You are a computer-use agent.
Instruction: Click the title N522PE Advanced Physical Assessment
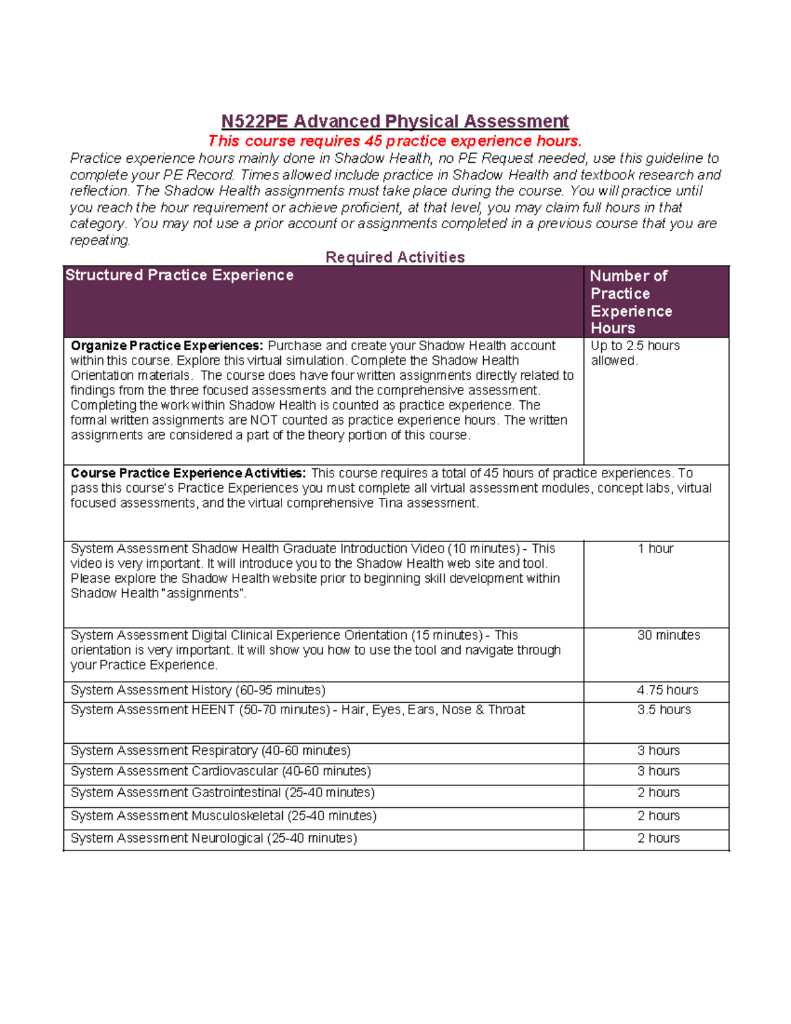point(395,121)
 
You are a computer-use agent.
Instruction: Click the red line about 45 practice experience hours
point(395,141)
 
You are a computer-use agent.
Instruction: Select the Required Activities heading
point(395,257)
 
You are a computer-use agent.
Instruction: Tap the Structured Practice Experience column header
point(179,276)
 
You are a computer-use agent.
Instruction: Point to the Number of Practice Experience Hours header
point(631,302)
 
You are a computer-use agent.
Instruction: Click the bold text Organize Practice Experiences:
point(167,346)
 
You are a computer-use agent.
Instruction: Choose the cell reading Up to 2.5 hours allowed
point(634,353)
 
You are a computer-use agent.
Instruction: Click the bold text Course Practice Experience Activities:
point(188,473)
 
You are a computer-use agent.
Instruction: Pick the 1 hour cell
point(655,549)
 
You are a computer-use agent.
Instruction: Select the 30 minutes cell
point(668,635)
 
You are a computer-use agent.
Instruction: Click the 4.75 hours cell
point(667,690)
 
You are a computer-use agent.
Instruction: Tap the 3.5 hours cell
point(664,710)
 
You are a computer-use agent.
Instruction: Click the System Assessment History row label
point(198,690)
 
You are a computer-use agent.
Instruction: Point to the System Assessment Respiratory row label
point(210,751)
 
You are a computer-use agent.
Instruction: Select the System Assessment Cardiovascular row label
point(220,771)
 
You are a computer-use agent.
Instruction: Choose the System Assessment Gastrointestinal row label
point(222,793)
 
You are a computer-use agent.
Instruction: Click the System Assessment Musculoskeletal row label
point(223,816)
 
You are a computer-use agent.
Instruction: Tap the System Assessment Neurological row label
point(214,838)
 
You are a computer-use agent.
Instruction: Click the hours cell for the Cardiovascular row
point(658,771)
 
